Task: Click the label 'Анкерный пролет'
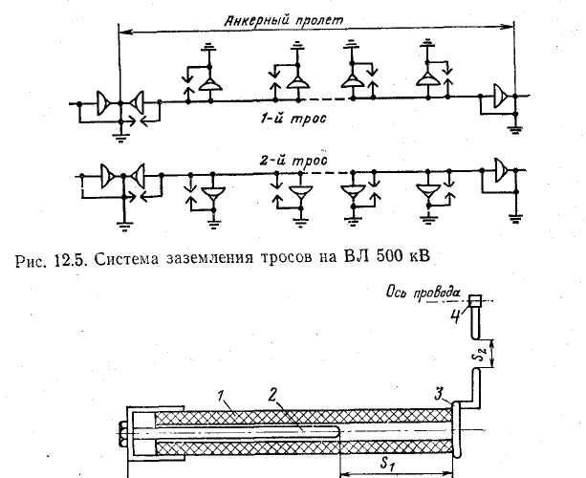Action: tap(283, 20)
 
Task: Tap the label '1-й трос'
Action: tap(293, 119)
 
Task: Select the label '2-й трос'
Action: tap(293, 161)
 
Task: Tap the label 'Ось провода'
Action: tap(423, 293)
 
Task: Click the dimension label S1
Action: tap(388, 464)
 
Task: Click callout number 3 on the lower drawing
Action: tap(440, 395)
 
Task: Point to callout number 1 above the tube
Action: tap(222, 397)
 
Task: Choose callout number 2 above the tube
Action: tap(273, 396)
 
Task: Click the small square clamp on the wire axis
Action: tap(475, 300)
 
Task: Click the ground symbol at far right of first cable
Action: tap(515, 130)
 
